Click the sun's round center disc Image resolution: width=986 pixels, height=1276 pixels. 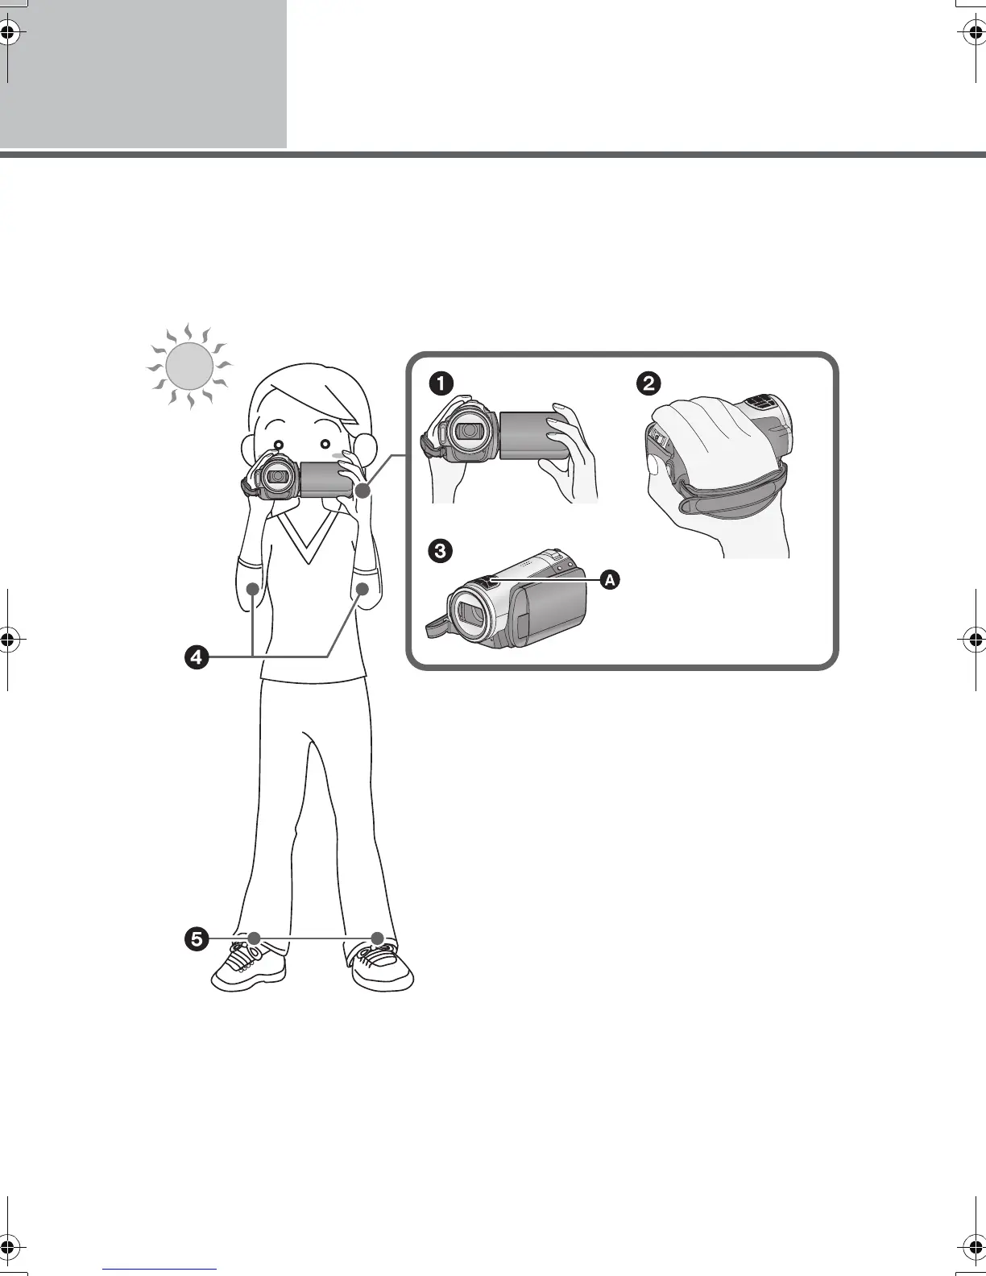(189, 366)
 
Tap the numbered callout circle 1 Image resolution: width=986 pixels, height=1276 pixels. (440, 383)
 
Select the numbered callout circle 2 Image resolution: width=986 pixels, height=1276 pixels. (648, 383)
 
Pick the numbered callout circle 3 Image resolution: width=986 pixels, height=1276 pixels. (440, 552)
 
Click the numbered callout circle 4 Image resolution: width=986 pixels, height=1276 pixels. (196, 657)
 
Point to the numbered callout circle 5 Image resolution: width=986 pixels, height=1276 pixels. (196, 938)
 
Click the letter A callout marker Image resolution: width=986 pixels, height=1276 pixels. (610, 579)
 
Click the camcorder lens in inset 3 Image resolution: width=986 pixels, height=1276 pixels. (470, 617)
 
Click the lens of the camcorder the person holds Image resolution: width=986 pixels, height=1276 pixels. (278, 476)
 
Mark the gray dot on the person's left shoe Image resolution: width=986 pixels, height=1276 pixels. (377, 938)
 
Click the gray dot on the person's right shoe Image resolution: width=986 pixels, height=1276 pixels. (255, 938)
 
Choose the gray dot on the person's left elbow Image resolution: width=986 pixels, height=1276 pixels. (362, 589)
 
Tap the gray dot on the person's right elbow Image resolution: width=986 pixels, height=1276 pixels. (253, 589)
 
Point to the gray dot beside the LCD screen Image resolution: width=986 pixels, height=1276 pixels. (362, 490)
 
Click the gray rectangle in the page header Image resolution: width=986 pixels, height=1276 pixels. (143, 73)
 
